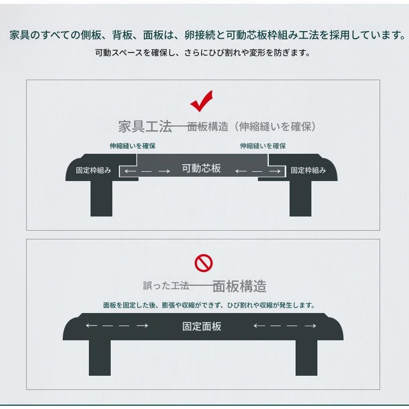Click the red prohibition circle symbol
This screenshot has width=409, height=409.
point(203,263)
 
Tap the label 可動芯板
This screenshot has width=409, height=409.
point(201,169)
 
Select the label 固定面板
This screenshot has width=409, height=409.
point(202,327)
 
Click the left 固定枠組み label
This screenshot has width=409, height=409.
point(93,170)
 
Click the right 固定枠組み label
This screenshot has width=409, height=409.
point(308,170)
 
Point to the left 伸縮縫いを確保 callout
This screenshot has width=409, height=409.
point(133,146)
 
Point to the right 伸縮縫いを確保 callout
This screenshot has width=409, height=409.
point(263,146)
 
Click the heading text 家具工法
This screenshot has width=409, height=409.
point(145,127)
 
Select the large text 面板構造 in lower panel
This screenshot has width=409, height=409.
point(239,286)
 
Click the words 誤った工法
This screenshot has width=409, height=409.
point(166,286)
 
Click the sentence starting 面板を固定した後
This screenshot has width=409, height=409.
point(209,305)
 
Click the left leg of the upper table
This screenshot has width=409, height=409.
point(101,199)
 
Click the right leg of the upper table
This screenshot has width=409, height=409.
point(300,199)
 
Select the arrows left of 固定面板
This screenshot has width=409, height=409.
point(117,326)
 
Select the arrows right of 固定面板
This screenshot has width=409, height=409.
point(285,326)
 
